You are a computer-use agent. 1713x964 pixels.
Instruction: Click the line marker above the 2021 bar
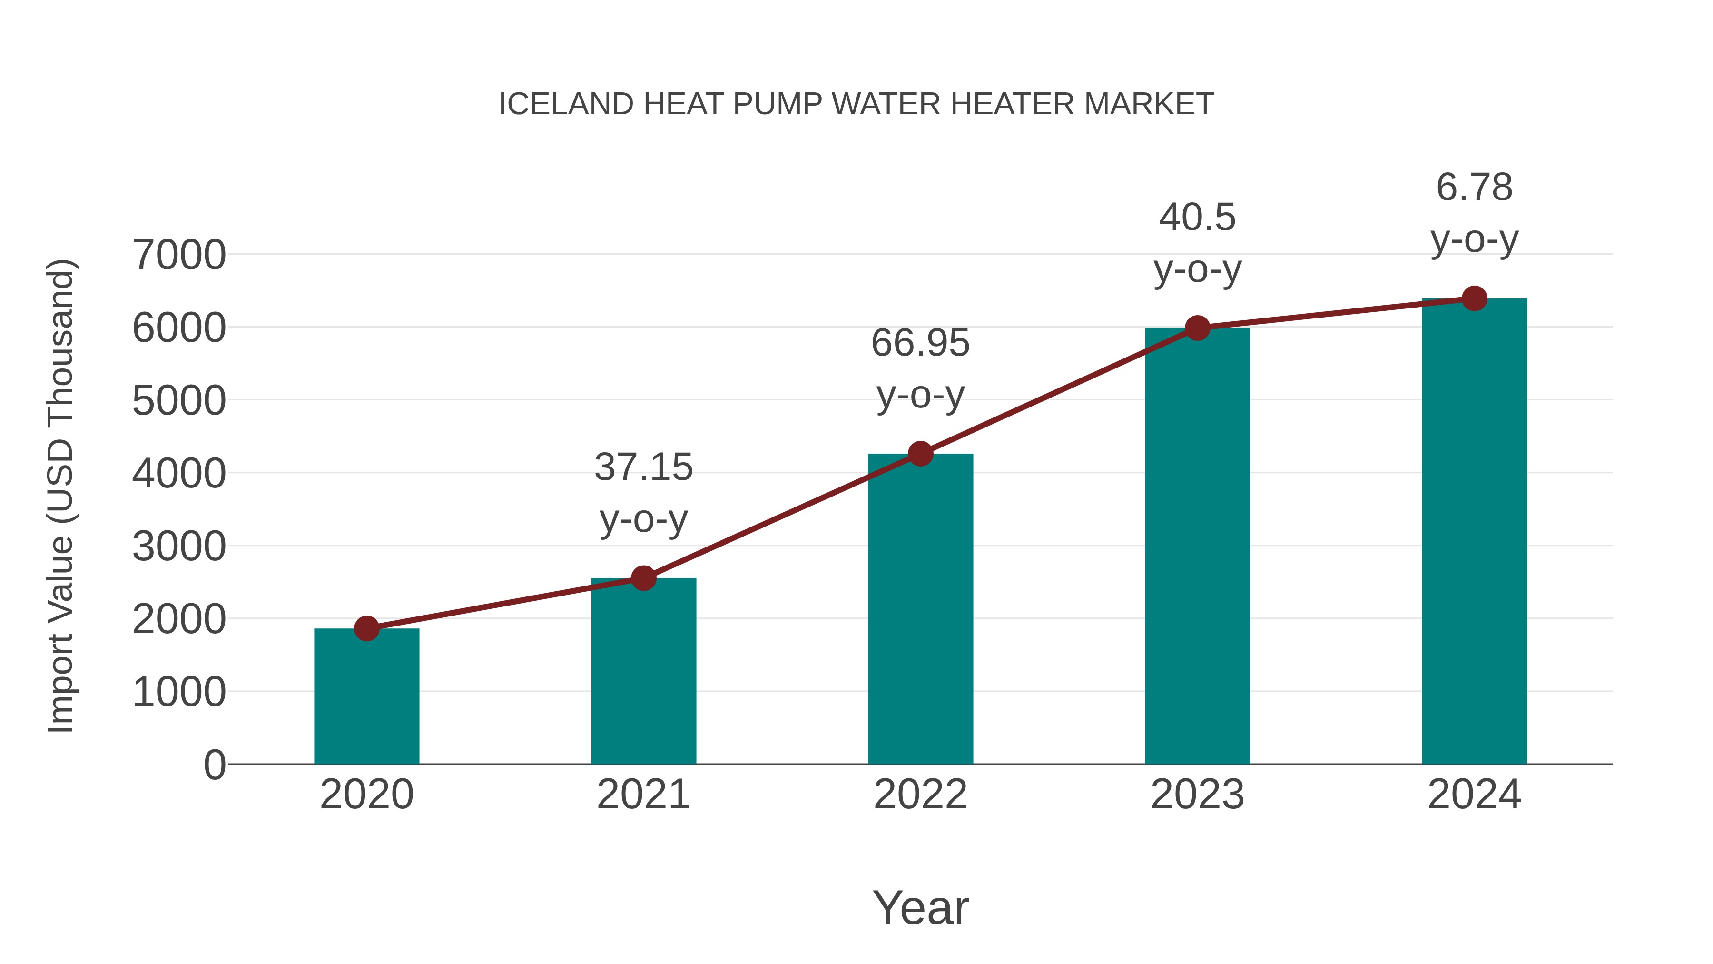(x=643, y=578)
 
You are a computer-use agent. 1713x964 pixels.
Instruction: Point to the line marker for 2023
(x=1197, y=328)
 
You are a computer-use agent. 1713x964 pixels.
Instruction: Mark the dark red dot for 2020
(x=366, y=628)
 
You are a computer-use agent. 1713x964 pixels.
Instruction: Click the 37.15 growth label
(x=643, y=467)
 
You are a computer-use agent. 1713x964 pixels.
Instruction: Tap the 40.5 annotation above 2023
(x=1197, y=218)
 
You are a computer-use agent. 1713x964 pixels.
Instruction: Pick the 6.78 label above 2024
(x=1474, y=187)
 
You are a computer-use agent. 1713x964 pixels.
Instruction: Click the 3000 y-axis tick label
(x=179, y=547)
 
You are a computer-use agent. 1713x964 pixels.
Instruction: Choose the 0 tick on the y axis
(x=214, y=765)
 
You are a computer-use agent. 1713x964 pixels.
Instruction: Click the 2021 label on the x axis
(x=643, y=795)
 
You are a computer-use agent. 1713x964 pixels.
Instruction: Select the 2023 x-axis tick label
(x=1197, y=795)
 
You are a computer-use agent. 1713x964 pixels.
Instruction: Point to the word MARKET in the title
(x=1149, y=104)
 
